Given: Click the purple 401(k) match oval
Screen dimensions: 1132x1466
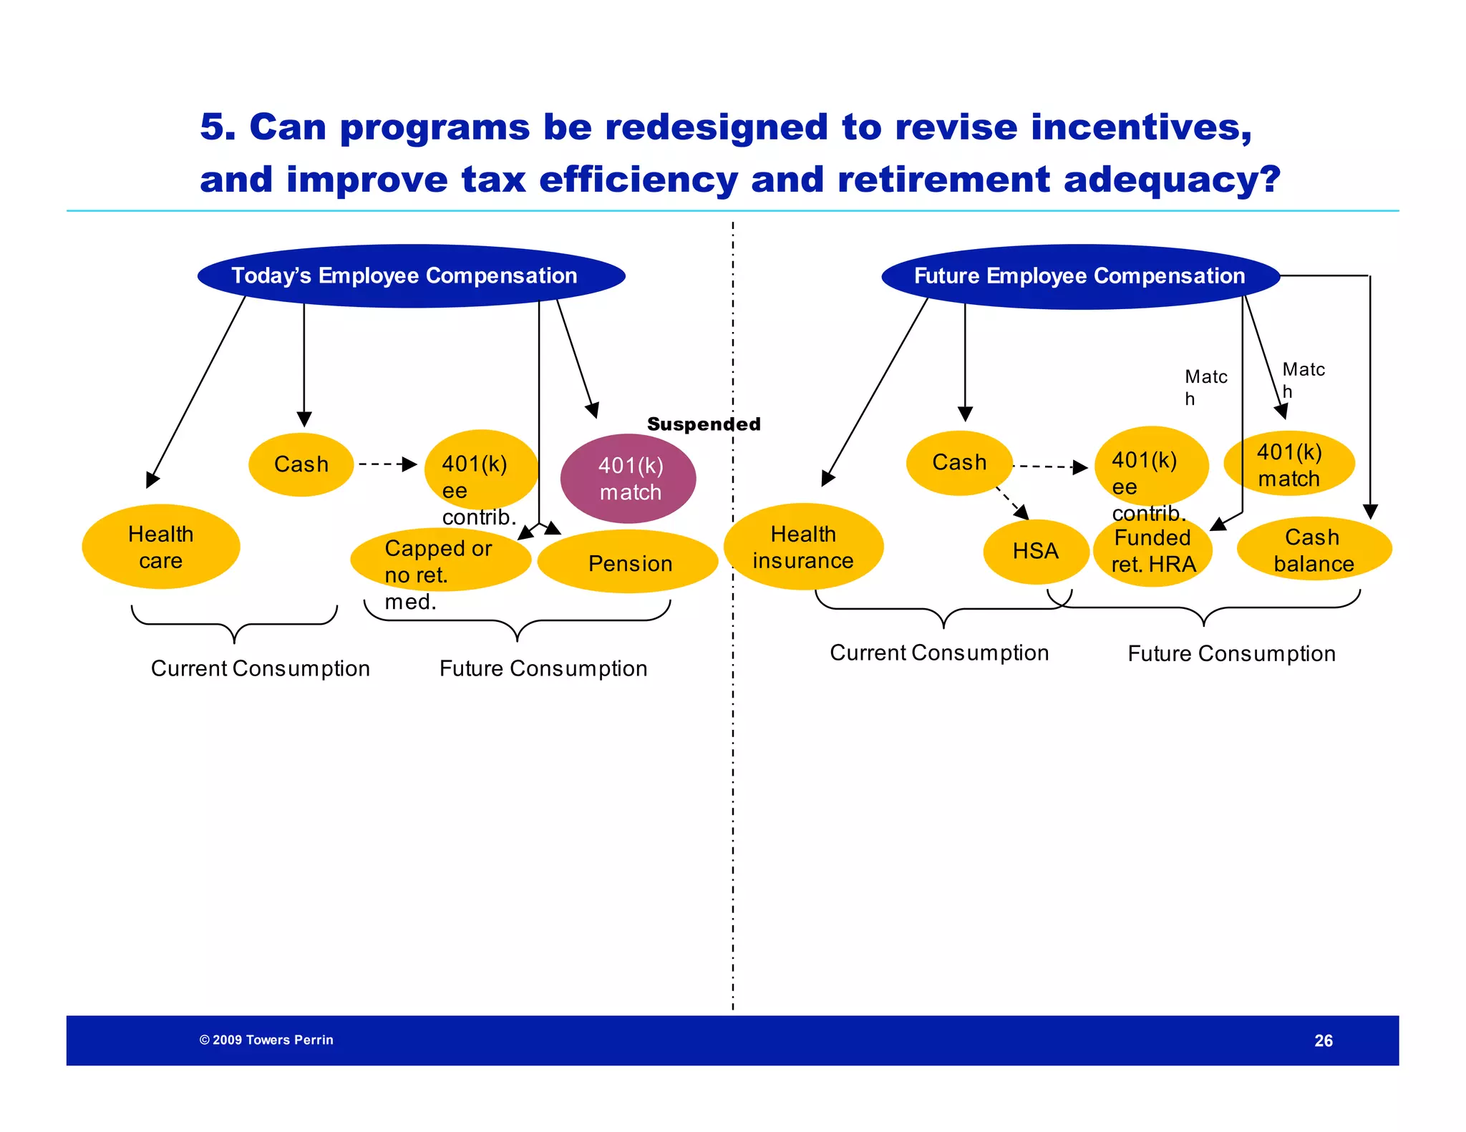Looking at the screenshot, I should pyautogui.click(x=628, y=478).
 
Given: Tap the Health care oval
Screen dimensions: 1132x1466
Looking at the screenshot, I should pyautogui.click(x=160, y=547).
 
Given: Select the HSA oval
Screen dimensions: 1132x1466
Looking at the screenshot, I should pyautogui.click(x=1035, y=551).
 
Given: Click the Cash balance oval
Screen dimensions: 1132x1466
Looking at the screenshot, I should pyautogui.click(x=1314, y=549).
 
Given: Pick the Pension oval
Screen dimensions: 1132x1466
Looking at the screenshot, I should pyautogui.click(x=628, y=562).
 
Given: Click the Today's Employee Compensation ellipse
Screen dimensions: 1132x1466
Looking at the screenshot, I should pyautogui.click(x=411, y=276).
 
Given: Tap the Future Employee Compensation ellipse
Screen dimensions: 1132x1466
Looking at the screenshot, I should pyautogui.click(x=1079, y=277).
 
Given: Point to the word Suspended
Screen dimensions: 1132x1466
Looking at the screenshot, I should pyautogui.click(x=703, y=424).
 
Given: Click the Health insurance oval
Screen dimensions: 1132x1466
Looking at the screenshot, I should pyautogui.click(x=803, y=547).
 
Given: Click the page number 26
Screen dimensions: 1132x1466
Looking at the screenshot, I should pyautogui.click(x=1323, y=1040).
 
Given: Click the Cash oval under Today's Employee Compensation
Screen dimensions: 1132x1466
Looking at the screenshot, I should pyautogui.click(x=301, y=464).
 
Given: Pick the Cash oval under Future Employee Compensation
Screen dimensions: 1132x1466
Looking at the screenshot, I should pyautogui.click(x=959, y=462).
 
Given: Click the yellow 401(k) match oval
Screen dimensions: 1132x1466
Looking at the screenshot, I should pyautogui.click(x=1288, y=464).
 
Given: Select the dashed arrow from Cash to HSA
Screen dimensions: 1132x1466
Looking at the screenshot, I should pyautogui.click(x=1011, y=503).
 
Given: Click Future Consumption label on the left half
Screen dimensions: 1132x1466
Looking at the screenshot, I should pyautogui.click(x=543, y=668).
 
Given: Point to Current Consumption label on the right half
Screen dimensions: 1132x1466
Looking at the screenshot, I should pyautogui.click(x=939, y=653).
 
